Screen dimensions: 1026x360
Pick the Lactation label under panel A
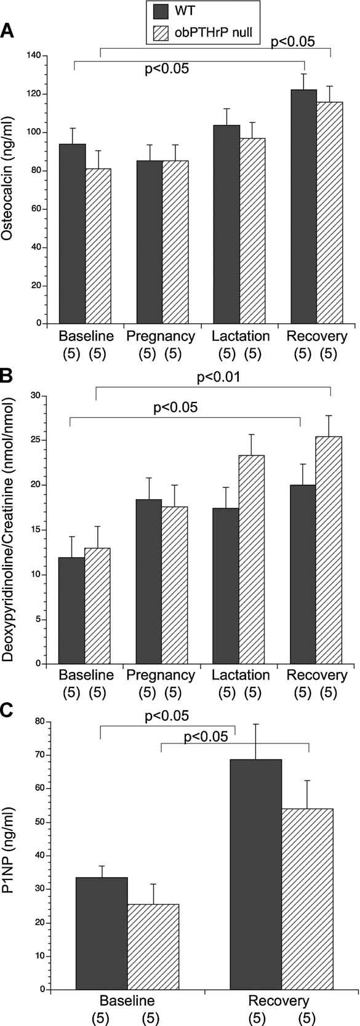[x=241, y=336]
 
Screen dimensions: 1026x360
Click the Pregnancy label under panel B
[x=161, y=675]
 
